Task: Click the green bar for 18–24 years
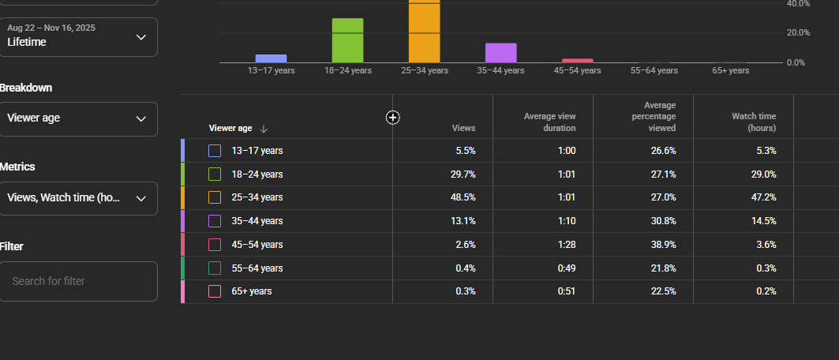[348, 40]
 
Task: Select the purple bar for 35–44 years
[501, 53]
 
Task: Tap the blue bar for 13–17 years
[271, 59]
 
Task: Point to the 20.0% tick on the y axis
[798, 32]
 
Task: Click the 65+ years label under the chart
[730, 70]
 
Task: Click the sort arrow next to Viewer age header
[264, 129]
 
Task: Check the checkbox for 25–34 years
[215, 197]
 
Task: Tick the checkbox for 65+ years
[215, 291]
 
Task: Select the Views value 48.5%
[463, 197]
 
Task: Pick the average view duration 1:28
[567, 245]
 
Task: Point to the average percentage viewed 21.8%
[664, 268]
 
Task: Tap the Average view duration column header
[549, 122]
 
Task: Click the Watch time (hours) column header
[754, 122]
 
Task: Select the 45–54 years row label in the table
[257, 245]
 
